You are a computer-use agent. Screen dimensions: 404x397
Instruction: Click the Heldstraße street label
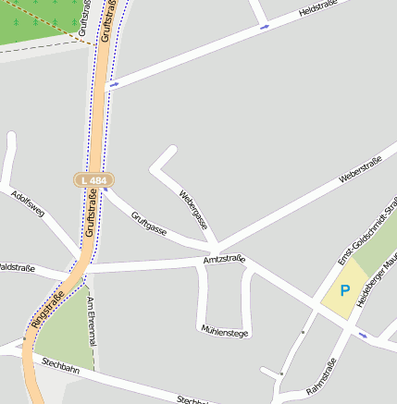(321, 10)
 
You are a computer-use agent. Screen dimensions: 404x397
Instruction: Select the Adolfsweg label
(29, 210)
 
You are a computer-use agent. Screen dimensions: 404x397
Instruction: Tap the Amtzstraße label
(224, 261)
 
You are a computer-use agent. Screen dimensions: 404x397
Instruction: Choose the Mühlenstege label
(225, 331)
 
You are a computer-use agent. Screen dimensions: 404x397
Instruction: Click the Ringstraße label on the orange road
(48, 311)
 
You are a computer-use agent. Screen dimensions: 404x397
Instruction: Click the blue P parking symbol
(345, 291)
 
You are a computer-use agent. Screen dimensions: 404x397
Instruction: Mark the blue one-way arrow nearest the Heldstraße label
(265, 27)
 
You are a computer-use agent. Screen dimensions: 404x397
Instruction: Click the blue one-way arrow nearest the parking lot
(362, 335)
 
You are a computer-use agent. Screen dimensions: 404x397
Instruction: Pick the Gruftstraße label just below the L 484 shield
(91, 212)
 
